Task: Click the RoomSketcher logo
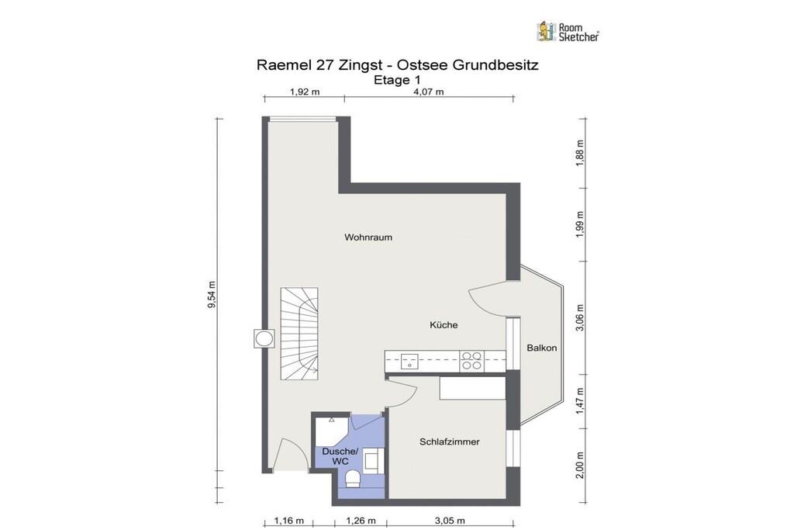pyautogui.click(x=568, y=31)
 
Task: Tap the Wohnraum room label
pyautogui.click(x=368, y=237)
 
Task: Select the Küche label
pyautogui.click(x=444, y=325)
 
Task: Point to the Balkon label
pyautogui.click(x=541, y=348)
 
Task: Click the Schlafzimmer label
pyautogui.click(x=449, y=442)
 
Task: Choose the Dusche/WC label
pyautogui.click(x=340, y=456)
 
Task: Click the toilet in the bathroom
pyautogui.click(x=353, y=478)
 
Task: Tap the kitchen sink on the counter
pyautogui.click(x=409, y=362)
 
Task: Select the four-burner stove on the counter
pyautogui.click(x=471, y=362)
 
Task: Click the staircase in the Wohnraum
pyautogui.click(x=300, y=334)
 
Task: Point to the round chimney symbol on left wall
pyautogui.click(x=264, y=338)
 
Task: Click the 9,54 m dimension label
pyautogui.click(x=212, y=294)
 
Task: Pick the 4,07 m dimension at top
pyautogui.click(x=428, y=92)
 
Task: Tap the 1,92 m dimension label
pyautogui.click(x=304, y=92)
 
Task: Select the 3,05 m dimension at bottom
pyautogui.click(x=450, y=521)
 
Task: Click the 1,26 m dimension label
pyautogui.click(x=361, y=521)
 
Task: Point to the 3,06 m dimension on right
pyautogui.click(x=580, y=317)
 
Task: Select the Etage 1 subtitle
pyautogui.click(x=397, y=80)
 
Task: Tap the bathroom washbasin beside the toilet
pyautogui.click(x=373, y=461)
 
